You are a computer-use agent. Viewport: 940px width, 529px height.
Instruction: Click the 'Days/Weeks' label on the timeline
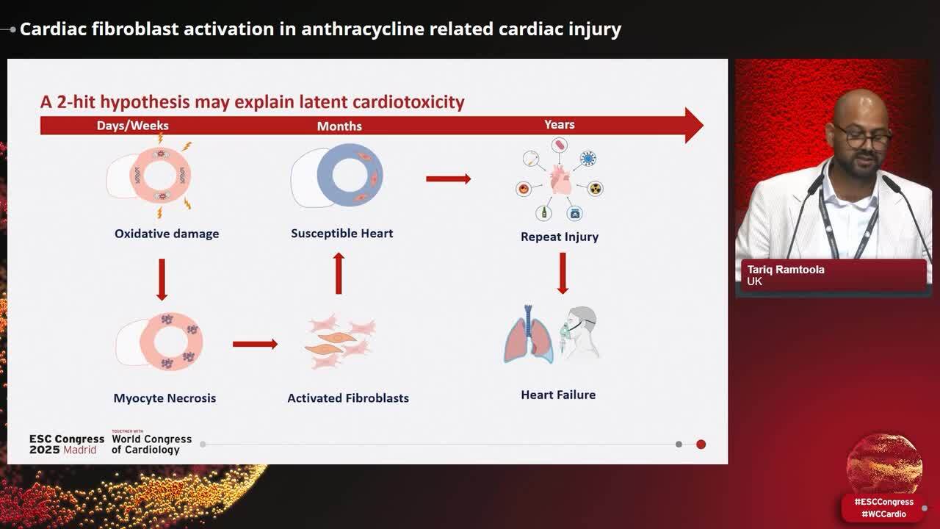tap(132, 126)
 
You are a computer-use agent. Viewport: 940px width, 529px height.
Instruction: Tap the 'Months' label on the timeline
tap(339, 126)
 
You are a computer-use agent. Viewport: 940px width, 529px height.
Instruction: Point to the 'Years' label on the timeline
tap(560, 125)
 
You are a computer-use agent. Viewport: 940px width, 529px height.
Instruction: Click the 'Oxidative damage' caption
tap(167, 234)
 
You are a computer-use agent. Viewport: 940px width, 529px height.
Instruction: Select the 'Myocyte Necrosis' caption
tap(164, 398)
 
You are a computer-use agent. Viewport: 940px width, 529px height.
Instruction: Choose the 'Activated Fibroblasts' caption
tap(348, 398)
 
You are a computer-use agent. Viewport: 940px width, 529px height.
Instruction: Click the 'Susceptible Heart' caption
tap(342, 234)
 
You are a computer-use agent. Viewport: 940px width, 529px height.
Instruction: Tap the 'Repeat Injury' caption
tap(560, 237)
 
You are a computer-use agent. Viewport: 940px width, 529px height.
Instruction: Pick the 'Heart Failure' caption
tap(558, 395)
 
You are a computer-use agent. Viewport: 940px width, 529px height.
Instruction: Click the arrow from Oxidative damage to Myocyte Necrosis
tap(162, 279)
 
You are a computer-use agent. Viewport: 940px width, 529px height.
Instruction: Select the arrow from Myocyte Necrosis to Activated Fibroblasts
tap(255, 344)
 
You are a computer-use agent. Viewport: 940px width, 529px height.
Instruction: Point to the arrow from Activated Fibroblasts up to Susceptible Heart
tap(339, 273)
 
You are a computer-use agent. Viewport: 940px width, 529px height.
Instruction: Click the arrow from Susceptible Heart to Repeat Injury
tap(448, 179)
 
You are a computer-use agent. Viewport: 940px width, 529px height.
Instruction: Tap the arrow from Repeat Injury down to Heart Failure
tap(563, 273)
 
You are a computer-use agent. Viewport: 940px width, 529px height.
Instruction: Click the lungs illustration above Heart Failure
tap(528, 336)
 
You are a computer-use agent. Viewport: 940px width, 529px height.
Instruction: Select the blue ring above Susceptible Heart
tap(350, 175)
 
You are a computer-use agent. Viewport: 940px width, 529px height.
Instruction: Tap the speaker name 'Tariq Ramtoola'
tap(786, 270)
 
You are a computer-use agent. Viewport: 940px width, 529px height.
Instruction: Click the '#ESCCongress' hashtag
tap(883, 502)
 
